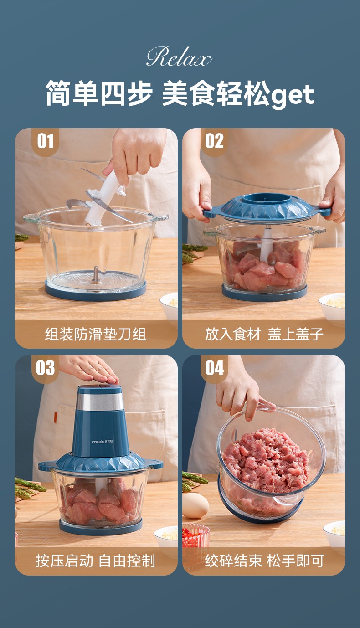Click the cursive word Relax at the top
tap(179, 57)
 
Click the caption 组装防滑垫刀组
tap(96, 334)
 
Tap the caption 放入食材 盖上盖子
tap(264, 334)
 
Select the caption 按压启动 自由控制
tap(95, 561)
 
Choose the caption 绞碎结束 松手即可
tap(264, 561)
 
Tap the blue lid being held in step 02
tap(263, 208)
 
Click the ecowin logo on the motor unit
tap(103, 442)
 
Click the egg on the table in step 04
tap(195, 505)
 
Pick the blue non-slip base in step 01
tap(96, 292)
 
